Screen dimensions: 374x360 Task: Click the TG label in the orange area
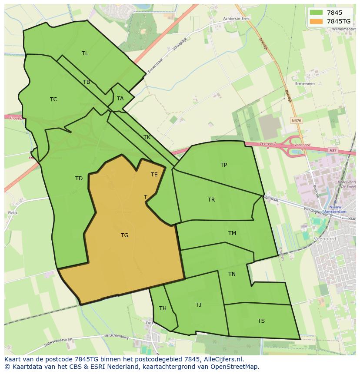[124, 235]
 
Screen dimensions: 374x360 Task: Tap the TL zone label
[85, 53]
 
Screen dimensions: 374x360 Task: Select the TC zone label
[53, 99]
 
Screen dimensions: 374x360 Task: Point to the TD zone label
[79, 179]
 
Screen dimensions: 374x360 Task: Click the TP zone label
[223, 165]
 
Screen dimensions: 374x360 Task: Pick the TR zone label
[211, 200]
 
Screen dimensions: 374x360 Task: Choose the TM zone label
[232, 233]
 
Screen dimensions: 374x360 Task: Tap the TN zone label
[232, 274]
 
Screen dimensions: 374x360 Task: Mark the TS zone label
[261, 321]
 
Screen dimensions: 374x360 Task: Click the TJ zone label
[198, 305]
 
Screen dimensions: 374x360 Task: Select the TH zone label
[163, 308]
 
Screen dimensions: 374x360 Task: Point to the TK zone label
[147, 137]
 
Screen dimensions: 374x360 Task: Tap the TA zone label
[120, 99]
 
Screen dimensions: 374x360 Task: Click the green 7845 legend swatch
[316, 13]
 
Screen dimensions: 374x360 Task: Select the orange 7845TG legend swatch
[316, 21]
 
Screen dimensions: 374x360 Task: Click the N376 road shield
[297, 121]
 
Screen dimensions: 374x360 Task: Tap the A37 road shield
[333, 150]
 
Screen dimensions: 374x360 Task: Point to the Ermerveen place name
[304, 83]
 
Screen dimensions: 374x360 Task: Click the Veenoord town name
[324, 238]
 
